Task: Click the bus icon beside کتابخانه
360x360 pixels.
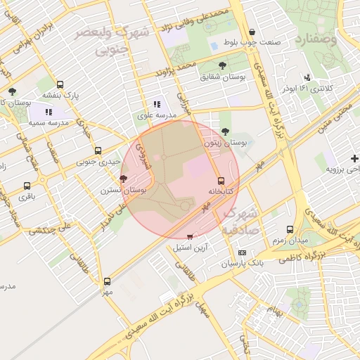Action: [x=221, y=181]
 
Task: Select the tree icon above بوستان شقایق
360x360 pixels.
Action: [x=223, y=65]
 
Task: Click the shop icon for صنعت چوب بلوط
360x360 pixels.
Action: [x=252, y=32]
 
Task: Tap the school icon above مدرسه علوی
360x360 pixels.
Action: [x=156, y=104]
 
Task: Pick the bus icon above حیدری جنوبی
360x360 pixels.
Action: [x=97, y=150]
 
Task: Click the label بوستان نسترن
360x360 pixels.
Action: [x=126, y=191]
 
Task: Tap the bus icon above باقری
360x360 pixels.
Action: [x=27, y=186]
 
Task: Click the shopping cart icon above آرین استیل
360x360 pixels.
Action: [x=190, y=236]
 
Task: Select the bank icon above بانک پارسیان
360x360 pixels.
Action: [x=243, y=252]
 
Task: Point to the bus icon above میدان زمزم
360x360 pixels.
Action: [x=290, y=229]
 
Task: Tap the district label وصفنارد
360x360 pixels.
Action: [x=317, y=38]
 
